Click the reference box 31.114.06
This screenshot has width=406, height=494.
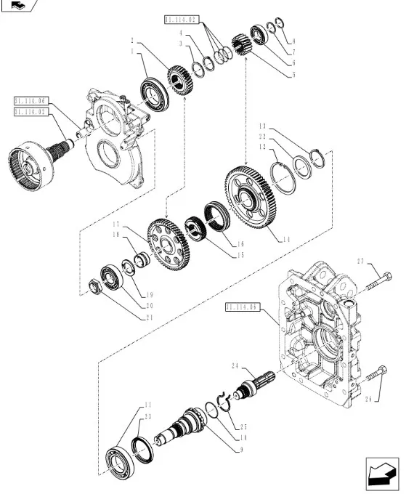click(243, 307)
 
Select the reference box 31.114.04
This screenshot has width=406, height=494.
click(30, 101)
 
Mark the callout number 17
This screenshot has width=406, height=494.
click(115, 223)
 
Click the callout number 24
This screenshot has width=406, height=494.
click(235, 365)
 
